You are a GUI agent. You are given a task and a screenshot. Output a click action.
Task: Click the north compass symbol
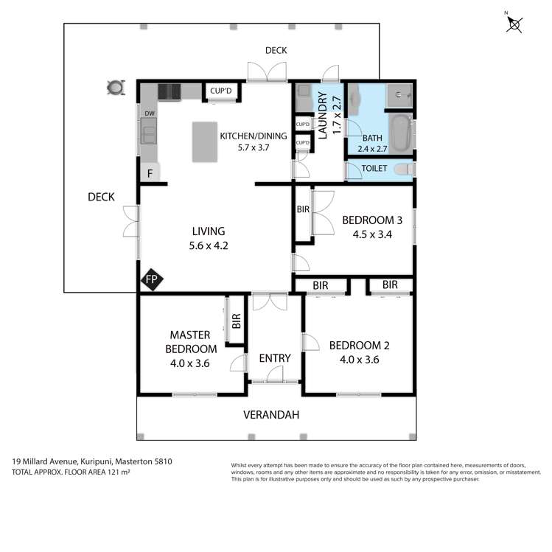(x=514, y=24)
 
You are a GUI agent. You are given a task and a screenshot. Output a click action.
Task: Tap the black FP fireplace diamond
(x=152, y=279)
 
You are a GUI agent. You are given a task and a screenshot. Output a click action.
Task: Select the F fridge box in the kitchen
(x=150, y=173)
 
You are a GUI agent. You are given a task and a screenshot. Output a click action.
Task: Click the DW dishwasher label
(x=150, y=113)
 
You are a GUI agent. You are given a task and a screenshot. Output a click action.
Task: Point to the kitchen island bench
(x=205, y=142)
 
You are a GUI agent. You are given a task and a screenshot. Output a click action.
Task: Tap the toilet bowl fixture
(x=404, y=170)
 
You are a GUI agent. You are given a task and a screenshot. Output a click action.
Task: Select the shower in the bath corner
(x=399, y=95)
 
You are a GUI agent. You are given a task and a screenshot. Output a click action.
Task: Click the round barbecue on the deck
(x=116, y=87)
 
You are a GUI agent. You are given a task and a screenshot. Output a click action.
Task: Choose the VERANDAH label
(x=271, y=415)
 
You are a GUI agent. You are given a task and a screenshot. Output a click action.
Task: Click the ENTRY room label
(x=275, y=358)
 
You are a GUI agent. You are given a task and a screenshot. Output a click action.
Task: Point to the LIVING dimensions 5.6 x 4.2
(x=209, y=245)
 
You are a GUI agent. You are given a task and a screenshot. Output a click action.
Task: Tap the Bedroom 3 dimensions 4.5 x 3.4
(x=372, y=234)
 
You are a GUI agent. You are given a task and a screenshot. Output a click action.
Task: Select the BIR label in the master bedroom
(x=237, y=321)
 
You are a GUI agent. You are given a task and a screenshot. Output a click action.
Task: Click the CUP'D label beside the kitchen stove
(x=221, y=91)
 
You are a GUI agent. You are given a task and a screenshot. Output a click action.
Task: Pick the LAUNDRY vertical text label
(x=322, y=116)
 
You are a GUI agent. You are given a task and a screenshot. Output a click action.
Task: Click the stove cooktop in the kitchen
(x=170, y=92)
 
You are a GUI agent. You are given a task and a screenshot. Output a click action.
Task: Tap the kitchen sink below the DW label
(x=149, y=131)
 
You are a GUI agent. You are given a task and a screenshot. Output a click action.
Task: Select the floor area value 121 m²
(x=119, y=472)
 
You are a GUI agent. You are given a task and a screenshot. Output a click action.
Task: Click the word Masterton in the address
(x=134, y=461)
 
